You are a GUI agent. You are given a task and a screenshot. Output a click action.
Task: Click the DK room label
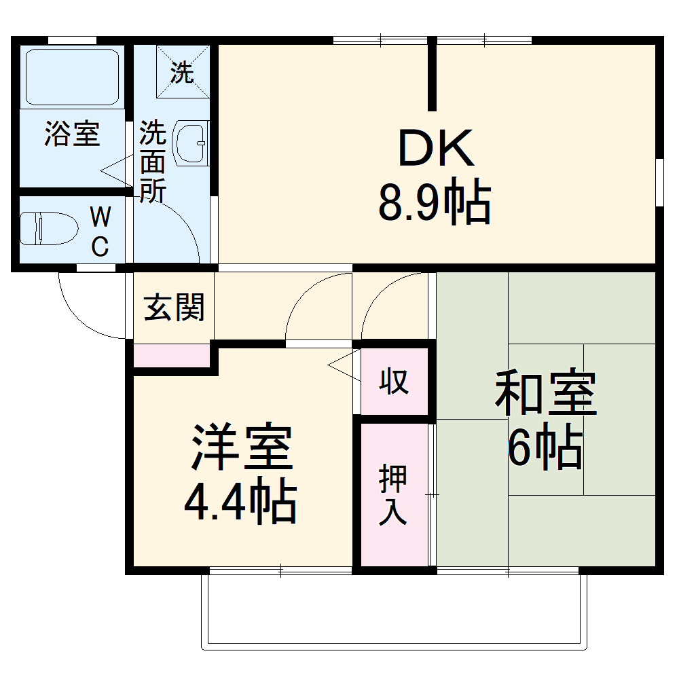(x=435, y=149)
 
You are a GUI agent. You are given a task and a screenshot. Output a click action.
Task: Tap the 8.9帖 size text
(x=435, y=204)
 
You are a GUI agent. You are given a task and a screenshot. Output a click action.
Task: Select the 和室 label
(x=545, y=394)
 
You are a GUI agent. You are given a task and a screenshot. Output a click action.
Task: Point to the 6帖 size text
(x=545, y=448)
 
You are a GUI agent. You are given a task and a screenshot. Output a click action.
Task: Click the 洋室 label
(x=242, y=448)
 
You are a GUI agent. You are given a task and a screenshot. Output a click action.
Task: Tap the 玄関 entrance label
(x=174, y=309)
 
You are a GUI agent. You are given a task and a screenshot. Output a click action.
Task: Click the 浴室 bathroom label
(x=72, y=134)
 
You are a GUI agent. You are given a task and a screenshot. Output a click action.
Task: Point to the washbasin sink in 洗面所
(x=192, y=143)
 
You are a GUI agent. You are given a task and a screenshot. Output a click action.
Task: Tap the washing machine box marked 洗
(x=182, y=72)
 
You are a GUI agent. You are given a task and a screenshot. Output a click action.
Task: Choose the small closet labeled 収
(x=394, y=382)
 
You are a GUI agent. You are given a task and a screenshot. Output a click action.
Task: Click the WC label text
(x=100, y=232)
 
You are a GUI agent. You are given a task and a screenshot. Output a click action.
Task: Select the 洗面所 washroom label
(x=153, y=163)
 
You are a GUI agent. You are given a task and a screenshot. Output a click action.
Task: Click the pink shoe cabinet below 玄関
(x=171, y=355)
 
